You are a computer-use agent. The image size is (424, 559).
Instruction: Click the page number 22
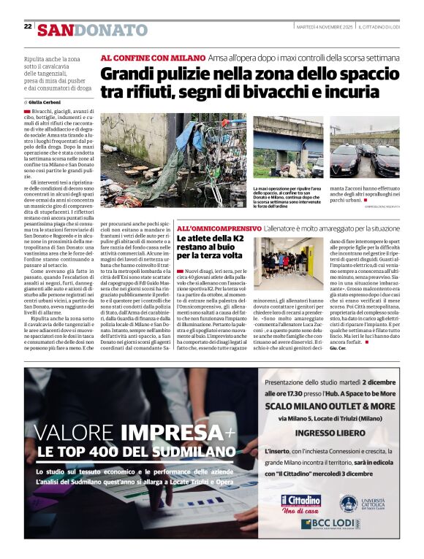click(28, 26)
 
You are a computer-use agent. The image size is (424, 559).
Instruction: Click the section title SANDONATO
click(93, 30)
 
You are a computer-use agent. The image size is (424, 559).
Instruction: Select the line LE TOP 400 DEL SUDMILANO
click(124, 452)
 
